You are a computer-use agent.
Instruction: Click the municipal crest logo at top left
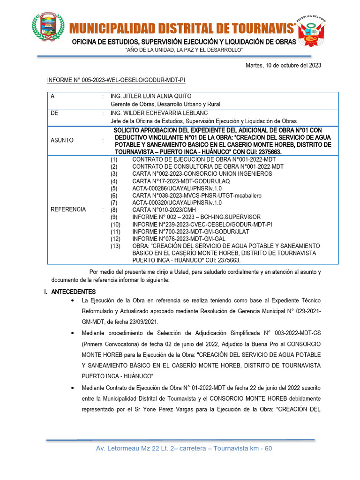click(x=48, y=27)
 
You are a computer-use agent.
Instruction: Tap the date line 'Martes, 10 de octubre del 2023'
click(x=283, y=65)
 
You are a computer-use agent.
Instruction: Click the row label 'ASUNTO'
click(x=62, y=140)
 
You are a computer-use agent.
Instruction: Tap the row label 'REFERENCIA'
click(x=68, y=210)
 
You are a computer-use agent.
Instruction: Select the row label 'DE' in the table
click(x=54, y=113)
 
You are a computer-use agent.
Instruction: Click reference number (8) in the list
click(x=114, y=210)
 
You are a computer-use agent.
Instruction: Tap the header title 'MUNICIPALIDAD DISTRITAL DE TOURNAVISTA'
click(x=183, y=29)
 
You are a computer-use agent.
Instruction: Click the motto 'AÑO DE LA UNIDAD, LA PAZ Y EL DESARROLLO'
click(x=184, y=50)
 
